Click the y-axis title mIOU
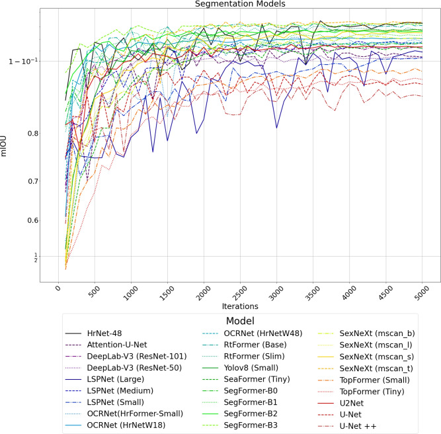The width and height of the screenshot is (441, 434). (x=6, y=144)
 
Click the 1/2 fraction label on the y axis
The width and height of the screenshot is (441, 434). (x=36, y=257)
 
